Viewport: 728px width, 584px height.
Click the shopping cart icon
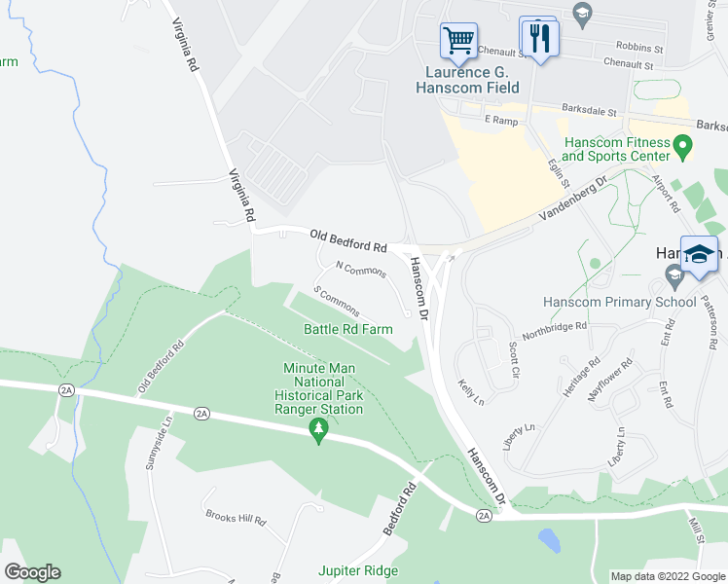click(458, 41)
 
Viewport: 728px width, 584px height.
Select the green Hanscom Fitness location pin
click(682, 148)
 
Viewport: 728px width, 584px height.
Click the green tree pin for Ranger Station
click(317, 429)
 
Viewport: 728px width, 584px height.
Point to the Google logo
click(32, 572)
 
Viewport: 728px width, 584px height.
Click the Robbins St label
click(639, 47)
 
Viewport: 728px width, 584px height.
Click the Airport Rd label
click(668, 194)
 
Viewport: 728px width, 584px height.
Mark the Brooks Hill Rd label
click(236, 517)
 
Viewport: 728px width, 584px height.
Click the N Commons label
click(360, 269)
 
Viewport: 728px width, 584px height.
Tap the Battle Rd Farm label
click(347, 329)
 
